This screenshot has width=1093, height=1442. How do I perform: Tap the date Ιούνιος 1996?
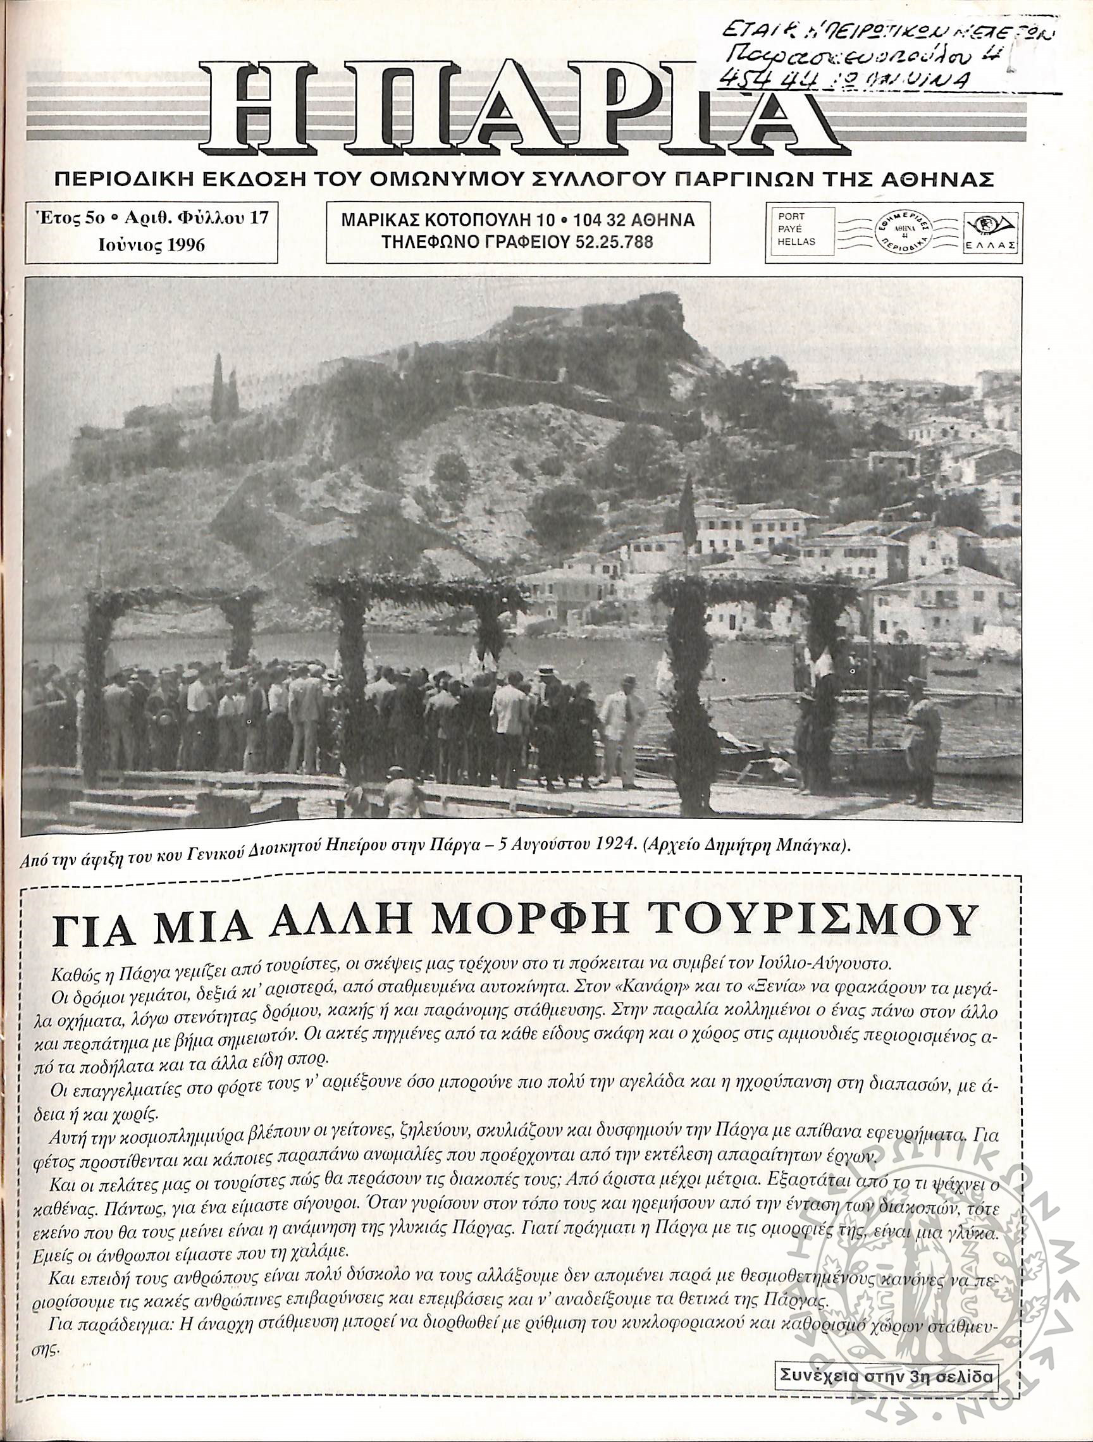(x=151, y=245)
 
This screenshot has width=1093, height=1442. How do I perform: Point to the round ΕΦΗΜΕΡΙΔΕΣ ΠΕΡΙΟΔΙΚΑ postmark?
(x=904, y=232)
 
